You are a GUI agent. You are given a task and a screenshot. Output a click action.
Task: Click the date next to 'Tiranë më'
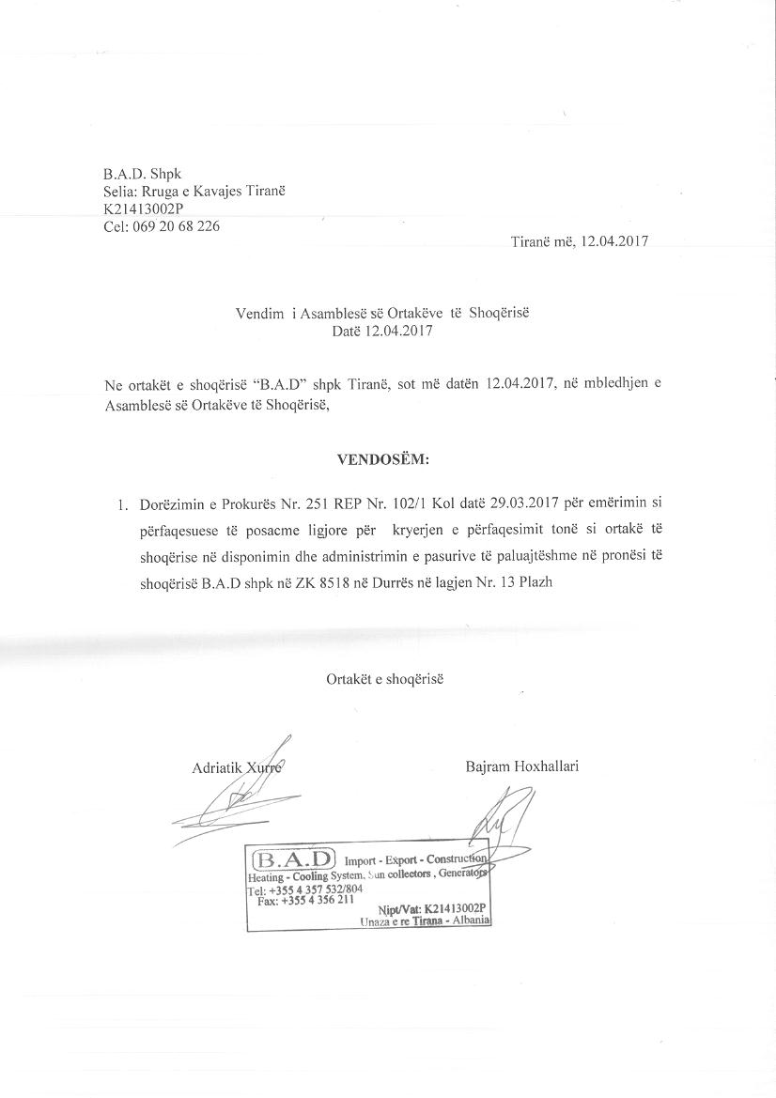615,240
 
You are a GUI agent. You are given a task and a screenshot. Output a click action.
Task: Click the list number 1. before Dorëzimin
123,505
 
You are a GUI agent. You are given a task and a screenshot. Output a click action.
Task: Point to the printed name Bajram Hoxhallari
521,766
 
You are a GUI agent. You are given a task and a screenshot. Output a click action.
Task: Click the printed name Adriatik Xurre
236,768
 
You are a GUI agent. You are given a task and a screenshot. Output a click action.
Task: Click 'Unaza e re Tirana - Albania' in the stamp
425,921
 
